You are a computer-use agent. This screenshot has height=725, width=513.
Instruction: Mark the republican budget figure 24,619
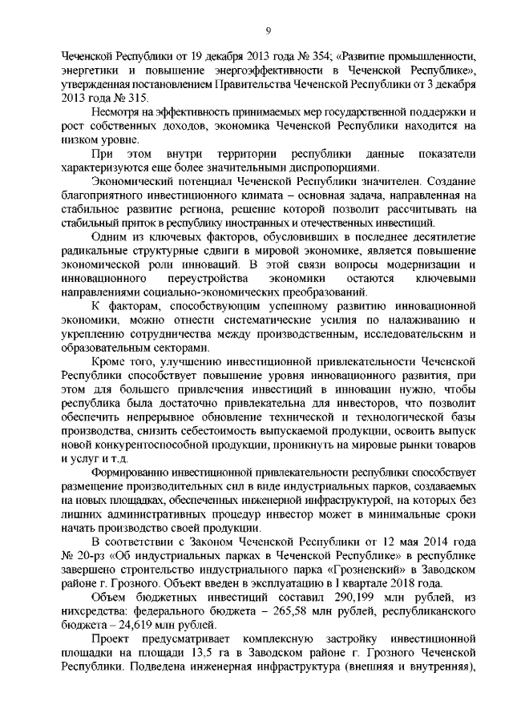(x=115, y=626)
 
